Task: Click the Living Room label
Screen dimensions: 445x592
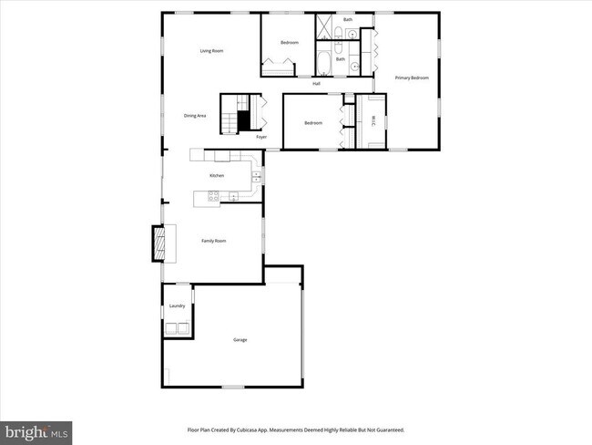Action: pyautogui.click(x=211, y=51)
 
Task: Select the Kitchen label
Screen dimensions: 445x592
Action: pyautogui.click(x=217, y=175)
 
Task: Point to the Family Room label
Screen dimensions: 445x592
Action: pyautogui.click(x=213, y=241)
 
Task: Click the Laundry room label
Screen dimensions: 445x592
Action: pyautogui.click(x=177, y=306)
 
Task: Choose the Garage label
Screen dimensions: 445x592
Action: pyautogui.click(x=240, y=340)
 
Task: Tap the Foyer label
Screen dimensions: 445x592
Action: pyautogui.click(x=261, y=137)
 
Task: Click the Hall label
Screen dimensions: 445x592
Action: pyautogui.click(x=316, y=84)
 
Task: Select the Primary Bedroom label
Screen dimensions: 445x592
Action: pyautogui.click(x=412, y=78)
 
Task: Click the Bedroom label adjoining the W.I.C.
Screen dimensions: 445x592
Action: pyautogui.click(x=313, y=123)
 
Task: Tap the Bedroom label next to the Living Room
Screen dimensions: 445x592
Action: pyautogui.click(x=290, y=43)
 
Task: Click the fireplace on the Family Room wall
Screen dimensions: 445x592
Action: pyautogui.click(x=158, y=242)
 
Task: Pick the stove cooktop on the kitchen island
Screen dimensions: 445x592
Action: pyautogui.click(x=213, y=195)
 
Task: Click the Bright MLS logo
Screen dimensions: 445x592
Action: pyautogui.click(x=36, y=430)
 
